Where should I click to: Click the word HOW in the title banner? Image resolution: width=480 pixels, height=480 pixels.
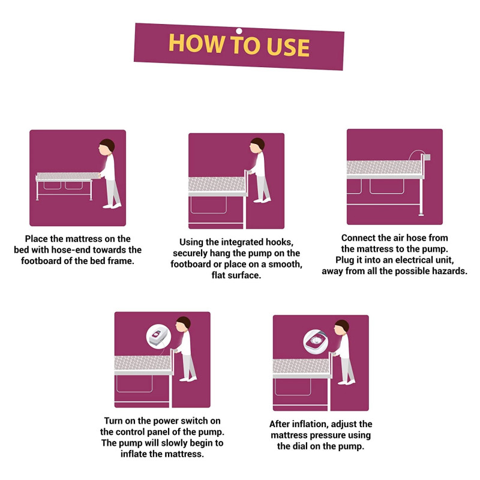196,43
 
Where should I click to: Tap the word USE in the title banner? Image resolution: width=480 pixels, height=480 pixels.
288,47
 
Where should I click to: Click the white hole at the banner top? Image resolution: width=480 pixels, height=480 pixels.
239,31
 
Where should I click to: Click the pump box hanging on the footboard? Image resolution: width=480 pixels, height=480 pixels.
426,158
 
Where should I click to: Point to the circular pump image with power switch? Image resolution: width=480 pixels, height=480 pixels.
158,336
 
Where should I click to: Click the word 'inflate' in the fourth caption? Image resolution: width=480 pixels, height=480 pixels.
133,454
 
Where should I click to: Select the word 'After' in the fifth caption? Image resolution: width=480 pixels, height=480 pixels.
280,424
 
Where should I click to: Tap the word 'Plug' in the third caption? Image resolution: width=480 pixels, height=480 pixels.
344,260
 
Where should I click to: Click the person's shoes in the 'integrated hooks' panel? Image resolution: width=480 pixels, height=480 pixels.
262,200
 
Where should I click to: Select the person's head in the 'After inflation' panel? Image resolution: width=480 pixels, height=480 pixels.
341,328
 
